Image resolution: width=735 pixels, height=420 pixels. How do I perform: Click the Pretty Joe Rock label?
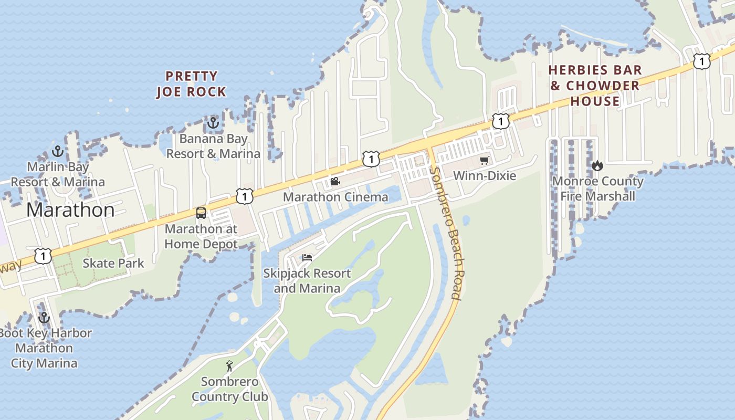click(x=192, y=84)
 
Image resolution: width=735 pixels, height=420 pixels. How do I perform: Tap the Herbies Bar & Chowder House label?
click(x=595, y=86)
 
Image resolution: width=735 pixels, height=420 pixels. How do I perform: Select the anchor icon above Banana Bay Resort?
click(x=213, y=123)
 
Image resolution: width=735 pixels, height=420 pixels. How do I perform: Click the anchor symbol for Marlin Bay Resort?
click(x=58, y=152)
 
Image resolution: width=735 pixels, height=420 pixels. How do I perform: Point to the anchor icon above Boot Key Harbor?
click(x=44, y=318)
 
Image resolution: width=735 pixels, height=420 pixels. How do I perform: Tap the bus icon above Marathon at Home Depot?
click(x=201, y=213)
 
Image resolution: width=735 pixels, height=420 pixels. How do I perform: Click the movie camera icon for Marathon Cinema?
click(x=335, y=182)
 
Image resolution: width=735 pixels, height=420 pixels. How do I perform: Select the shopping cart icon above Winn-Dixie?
click(x=484, y=160)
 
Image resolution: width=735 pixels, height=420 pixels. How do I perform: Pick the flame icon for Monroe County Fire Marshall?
click(x=597, y=166)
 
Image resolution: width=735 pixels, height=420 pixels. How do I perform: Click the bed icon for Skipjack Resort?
click(x=307, y=257)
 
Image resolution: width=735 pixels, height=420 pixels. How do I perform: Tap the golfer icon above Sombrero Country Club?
click(x=229, y=366)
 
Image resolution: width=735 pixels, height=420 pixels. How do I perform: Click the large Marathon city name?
click(x=70, y=210)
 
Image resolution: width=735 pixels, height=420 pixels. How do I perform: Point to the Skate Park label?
click(x=113, y=263)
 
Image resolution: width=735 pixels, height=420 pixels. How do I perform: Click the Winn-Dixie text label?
click(x=484, y=175)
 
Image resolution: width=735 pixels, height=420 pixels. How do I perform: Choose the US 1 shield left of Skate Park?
click(x=43, y=256)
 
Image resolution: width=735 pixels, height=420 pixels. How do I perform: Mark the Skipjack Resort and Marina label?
click(x=307, y=281)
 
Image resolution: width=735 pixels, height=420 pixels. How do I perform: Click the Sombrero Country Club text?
click(x=229, y=389)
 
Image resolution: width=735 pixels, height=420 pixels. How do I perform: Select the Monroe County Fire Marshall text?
click(x=597, y=189)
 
